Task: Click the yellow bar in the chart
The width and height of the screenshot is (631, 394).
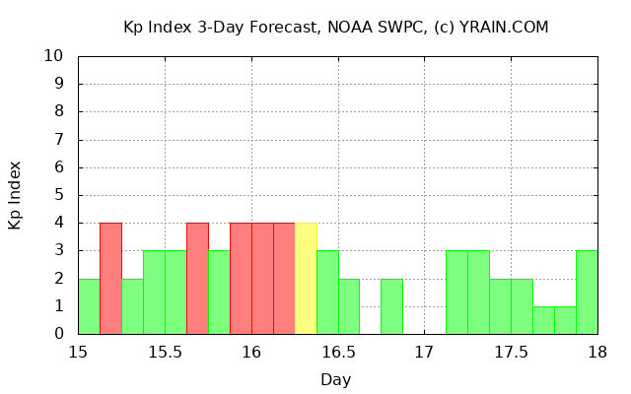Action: pos(306,278)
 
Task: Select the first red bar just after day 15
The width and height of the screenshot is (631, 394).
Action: pos(110,278)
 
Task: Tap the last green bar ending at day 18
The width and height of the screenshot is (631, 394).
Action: pos(587,292)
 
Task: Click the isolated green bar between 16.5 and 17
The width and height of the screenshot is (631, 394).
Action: pos(391,305)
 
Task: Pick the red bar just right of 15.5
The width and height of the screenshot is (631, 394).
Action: pos(197,278)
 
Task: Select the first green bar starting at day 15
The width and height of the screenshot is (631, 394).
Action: pos(89,305)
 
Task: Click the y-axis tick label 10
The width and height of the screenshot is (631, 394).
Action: pos(55,56)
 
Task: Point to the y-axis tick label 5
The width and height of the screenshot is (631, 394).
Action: pos(60,195)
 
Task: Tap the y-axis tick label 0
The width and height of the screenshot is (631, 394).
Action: pos(60,334)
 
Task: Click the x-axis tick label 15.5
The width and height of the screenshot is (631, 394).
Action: pos(165,354)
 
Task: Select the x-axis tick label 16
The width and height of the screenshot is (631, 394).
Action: pos(251,354)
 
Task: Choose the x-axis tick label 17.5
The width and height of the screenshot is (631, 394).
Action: pos(511,354)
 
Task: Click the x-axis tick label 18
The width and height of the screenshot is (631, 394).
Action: pos(597,354)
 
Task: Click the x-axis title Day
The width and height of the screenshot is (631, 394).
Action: pos(336,379)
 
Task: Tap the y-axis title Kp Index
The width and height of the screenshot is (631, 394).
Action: pos(15,195)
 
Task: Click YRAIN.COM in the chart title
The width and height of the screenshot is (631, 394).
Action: pos(504,27)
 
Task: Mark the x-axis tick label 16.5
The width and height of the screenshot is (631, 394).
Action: pos(338,354)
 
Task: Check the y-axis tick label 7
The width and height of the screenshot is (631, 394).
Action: pos(60,140)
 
